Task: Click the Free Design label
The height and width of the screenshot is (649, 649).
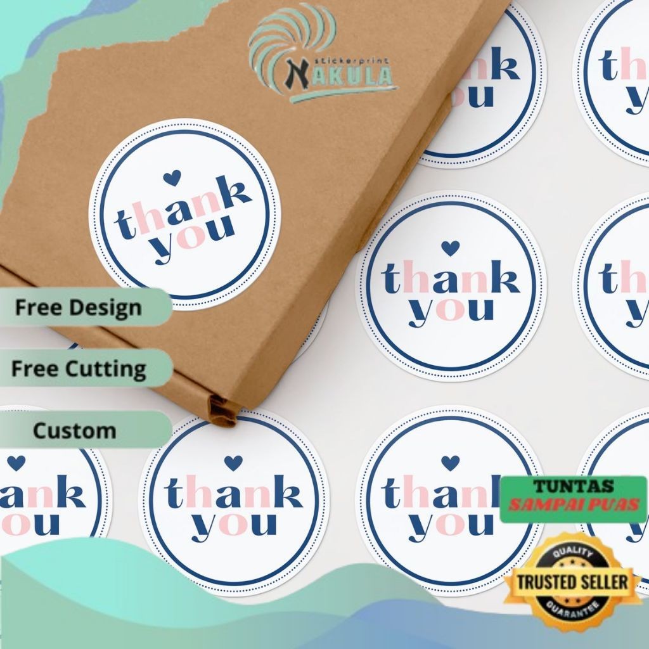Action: (79, 308)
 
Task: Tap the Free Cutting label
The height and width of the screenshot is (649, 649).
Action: (79, 369)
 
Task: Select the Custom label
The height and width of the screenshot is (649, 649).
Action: (75, 431)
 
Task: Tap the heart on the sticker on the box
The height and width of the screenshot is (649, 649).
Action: (171, 178)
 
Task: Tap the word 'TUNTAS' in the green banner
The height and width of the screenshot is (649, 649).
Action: (573, 487)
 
